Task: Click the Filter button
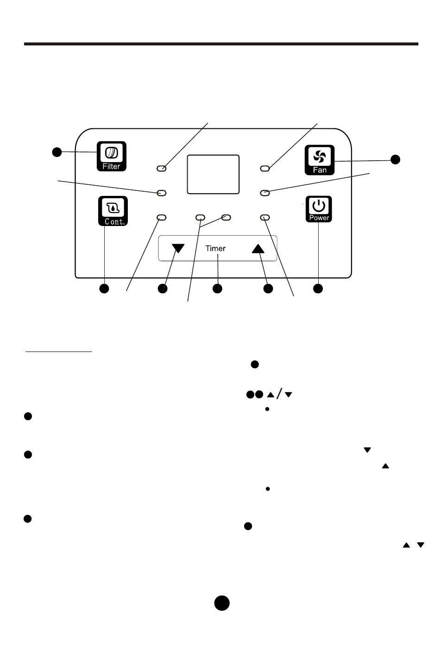[111, 156]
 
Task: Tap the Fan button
[320, 160]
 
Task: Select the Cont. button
[113, 211]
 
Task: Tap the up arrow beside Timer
[258, 249]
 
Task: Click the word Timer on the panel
[215, 248]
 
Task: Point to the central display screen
[213, 174]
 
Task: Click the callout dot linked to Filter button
[57, 152]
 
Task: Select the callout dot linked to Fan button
[395, 159]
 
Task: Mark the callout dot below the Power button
[318, 289]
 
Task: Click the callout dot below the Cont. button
[104, 289]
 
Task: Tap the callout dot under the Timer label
[217, 289]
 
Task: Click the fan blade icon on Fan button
[320, 157]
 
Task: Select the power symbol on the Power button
[319, 206]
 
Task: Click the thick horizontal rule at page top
[221, 44]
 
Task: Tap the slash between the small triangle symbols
[279, 394]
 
